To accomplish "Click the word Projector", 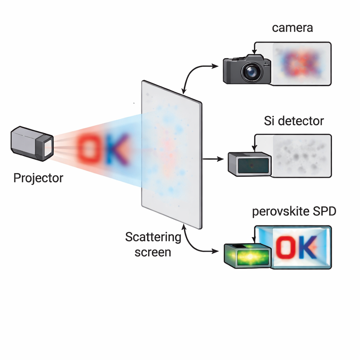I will click(38, 178).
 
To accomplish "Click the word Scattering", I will click(153, 237).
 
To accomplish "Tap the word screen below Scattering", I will click(153, 252).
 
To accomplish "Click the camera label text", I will click(292, 28).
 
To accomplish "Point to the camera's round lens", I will click(251, 72).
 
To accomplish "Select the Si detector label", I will click(294, 121).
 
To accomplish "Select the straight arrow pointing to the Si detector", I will click(213, 159).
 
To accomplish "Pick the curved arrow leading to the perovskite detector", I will click(192, 243).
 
